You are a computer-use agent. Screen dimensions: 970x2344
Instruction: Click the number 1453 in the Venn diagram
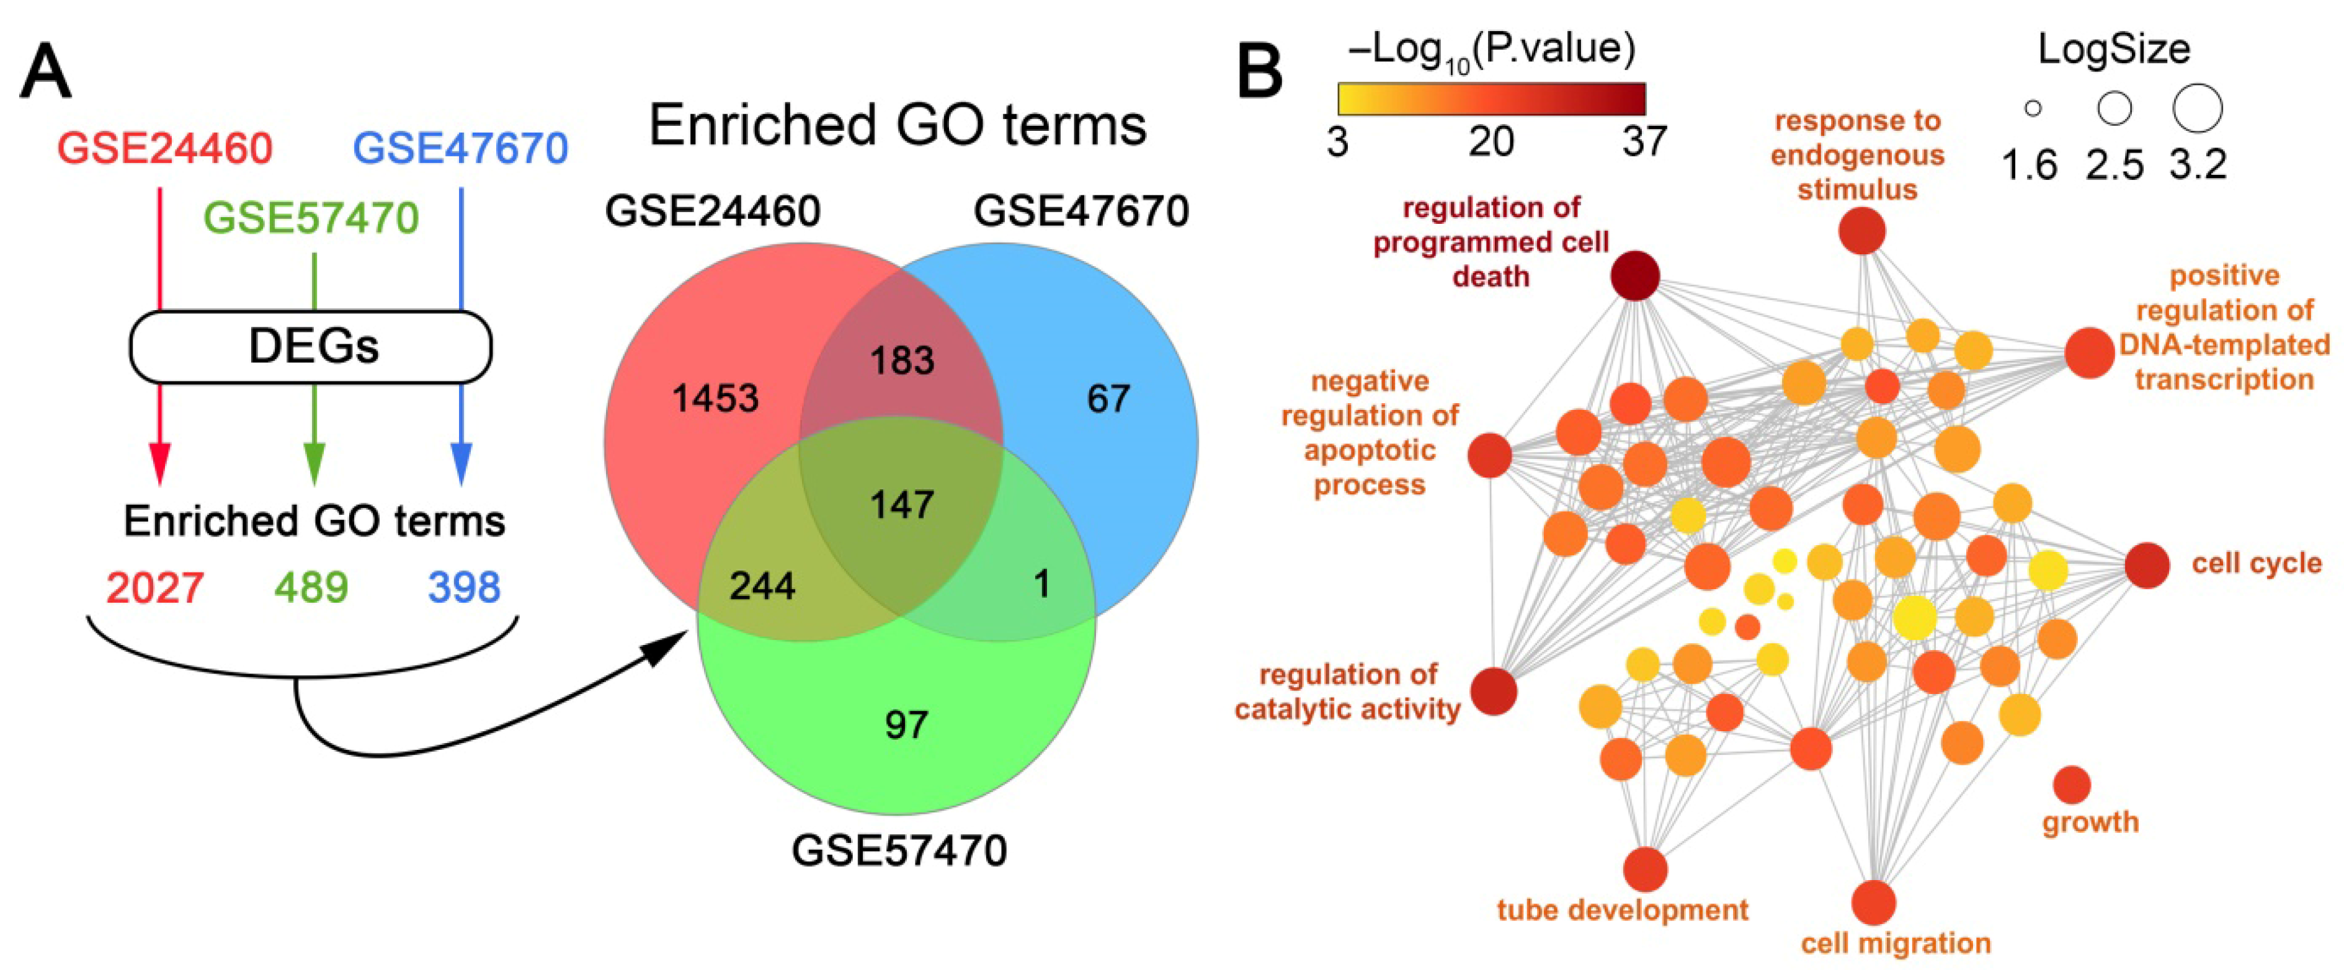point(715,399)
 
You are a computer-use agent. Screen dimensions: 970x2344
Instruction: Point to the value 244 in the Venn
point(762,585)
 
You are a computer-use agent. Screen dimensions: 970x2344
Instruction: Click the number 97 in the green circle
point(906,725)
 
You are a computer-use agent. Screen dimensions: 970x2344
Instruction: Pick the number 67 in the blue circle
point(1108,399)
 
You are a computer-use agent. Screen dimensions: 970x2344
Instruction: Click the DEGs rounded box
point(311,347)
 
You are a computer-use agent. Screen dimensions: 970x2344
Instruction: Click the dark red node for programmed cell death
point(1635,276)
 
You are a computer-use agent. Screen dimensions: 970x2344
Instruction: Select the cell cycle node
point(2147,565)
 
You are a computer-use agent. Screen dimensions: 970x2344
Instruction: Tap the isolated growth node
point(2072,785)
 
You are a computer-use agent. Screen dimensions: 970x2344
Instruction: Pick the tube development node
point(1645,869)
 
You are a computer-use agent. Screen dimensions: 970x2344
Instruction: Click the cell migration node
point(1874,902)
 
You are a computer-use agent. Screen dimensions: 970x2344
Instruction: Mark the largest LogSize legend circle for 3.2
point(2198,109)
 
